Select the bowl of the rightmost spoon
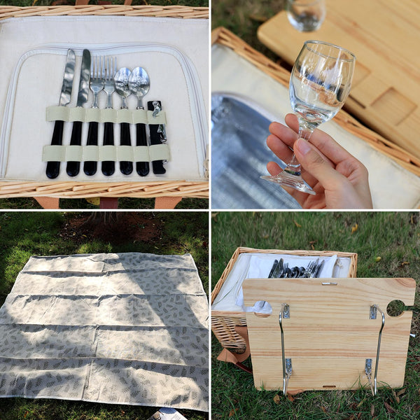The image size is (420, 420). pyautogui.click(x=139, y=81)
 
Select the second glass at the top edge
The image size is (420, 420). pyautogui.click(x=307, y=14)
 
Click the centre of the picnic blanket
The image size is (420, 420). pyautogui.click(x=105, y=329)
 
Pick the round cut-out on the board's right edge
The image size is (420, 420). pyautogui.click(x=395, y=307)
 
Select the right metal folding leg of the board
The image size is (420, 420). pyautogui.click(x=379, y=350)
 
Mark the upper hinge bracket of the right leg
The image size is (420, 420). pyautogui.click(x=374, y=312)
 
